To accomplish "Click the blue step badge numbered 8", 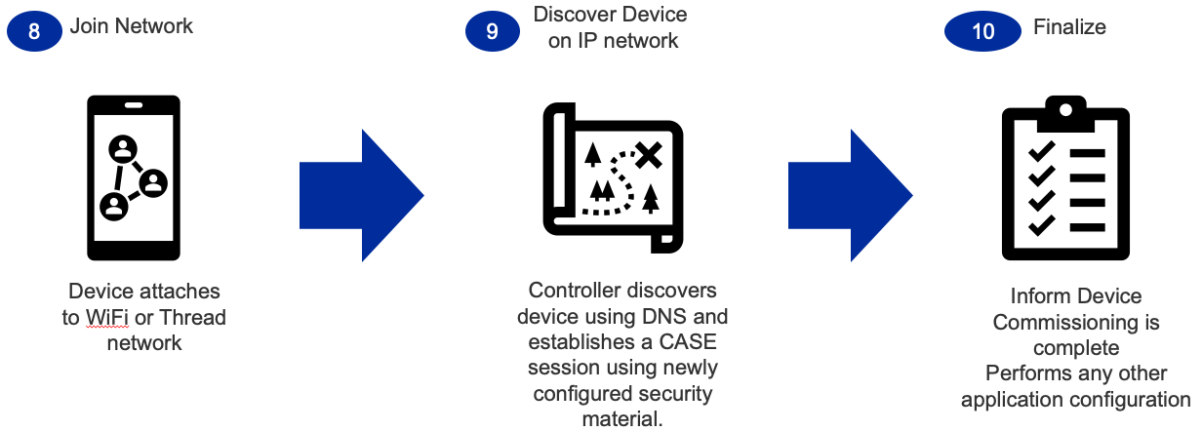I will point(34,30).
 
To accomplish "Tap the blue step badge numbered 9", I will point(492,30).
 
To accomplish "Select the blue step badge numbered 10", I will point(982,30).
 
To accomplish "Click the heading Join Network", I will point(132,26).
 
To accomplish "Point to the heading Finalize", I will point(1069,28).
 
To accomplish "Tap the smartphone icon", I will point(134,178).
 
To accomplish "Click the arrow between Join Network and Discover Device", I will point(361,195).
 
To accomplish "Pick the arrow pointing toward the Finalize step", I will point(850,195).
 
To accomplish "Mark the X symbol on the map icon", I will point(648,153).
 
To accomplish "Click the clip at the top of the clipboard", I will point(1065,112).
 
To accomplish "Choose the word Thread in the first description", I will point(193,317).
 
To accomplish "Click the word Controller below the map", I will point(579,291).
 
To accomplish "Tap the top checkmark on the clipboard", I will point(1042,151).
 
